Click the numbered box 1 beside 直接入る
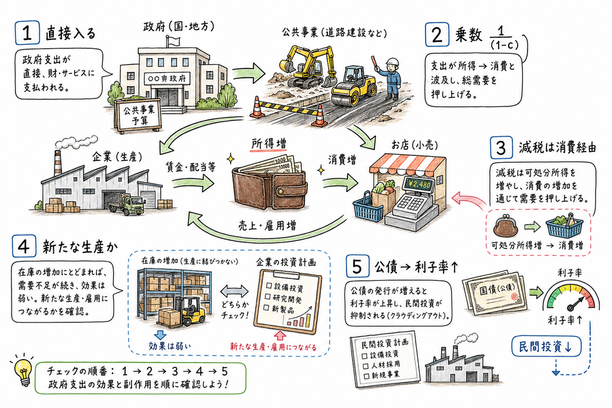click(27, 34)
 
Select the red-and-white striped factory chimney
click(58, 163)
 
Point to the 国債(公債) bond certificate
click(493, 292)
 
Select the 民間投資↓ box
click(545, 346)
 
